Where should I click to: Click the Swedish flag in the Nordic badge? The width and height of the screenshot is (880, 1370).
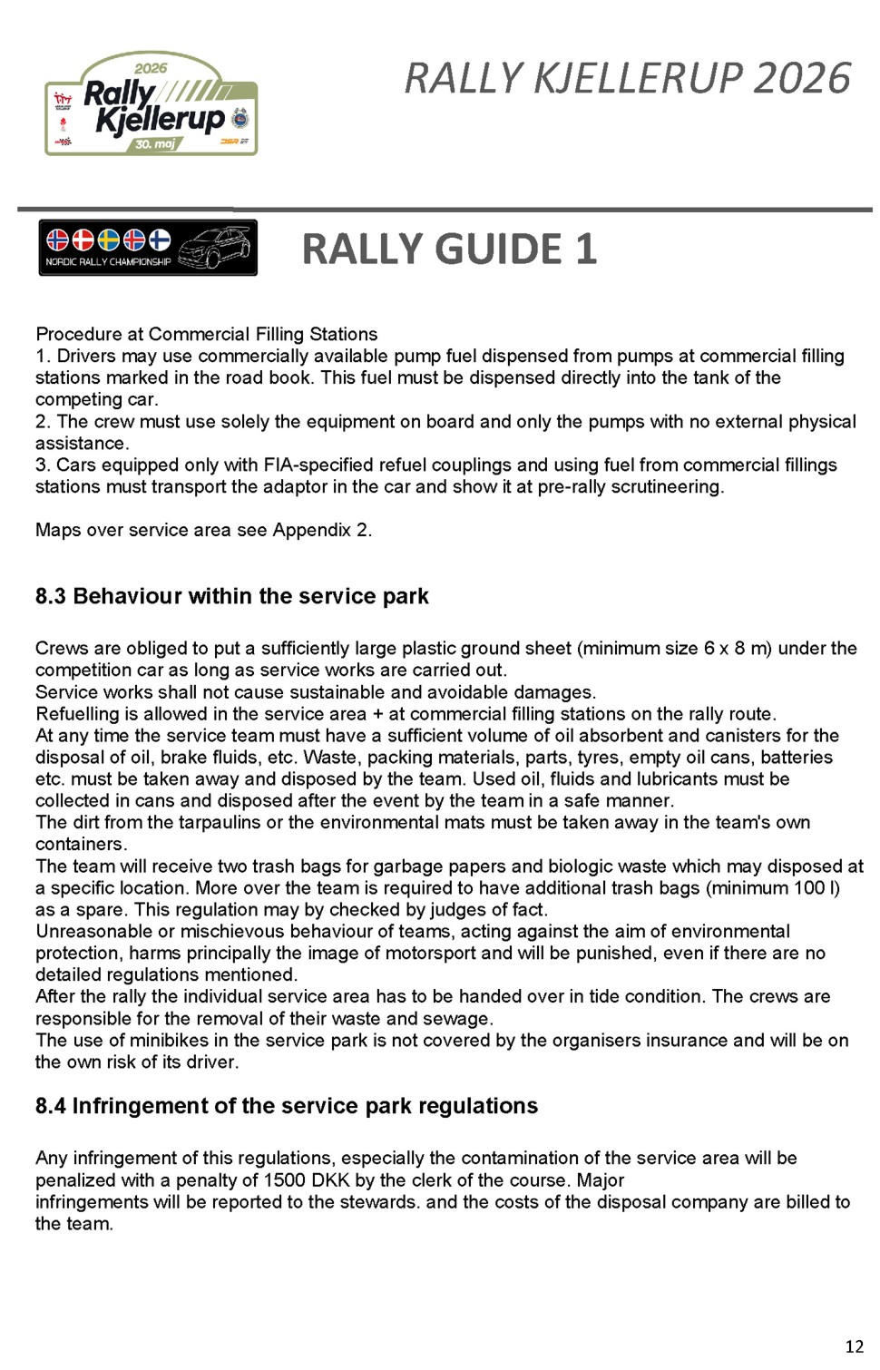(108, 240)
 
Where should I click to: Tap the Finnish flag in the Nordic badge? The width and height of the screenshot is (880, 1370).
(160, 240)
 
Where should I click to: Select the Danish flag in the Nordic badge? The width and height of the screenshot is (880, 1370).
(83, 240)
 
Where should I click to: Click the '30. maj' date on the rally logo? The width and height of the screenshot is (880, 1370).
(155, 144)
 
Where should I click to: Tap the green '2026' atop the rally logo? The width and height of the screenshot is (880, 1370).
(151, 68)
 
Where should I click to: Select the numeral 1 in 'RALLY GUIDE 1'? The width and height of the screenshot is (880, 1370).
(585, 250)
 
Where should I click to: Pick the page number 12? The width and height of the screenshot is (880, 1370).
(854, 1346)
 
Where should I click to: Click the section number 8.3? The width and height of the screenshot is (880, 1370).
(51, 596)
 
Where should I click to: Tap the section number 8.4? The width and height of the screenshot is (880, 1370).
(51, 1106)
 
